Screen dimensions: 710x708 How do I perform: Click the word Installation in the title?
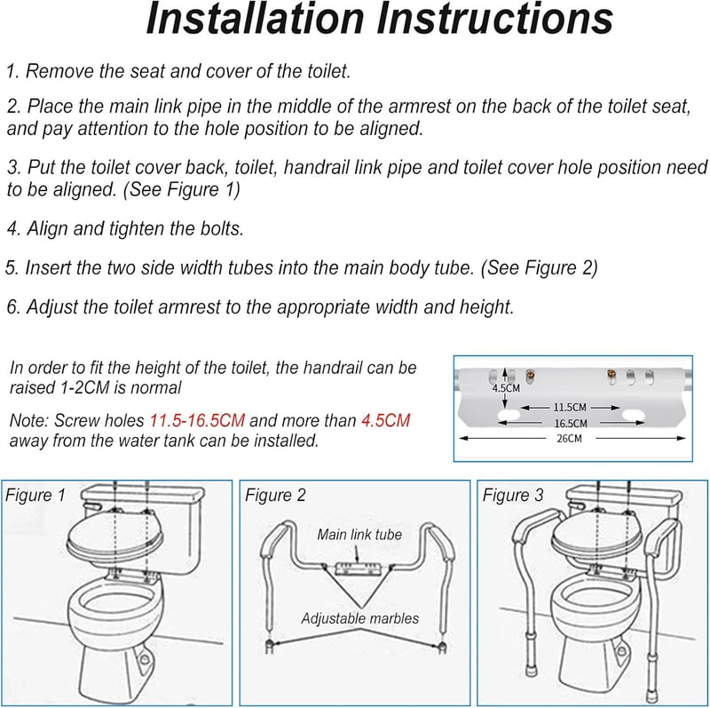click(256, 18)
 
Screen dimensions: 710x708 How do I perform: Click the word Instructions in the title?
click(495, 18)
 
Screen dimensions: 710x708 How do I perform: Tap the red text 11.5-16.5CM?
click(197, 420)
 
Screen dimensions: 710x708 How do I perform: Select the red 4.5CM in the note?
click(386, 420)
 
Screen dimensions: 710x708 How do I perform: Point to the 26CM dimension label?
click(569, 438)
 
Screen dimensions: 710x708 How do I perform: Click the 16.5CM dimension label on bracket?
click(571, 423)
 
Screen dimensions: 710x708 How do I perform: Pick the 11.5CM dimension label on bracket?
click(570, 407)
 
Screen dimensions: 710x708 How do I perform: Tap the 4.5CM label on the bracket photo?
click(506, 388)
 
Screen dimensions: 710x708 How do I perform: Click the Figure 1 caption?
click(35, 495)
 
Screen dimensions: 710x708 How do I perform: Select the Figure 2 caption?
click(275, 495)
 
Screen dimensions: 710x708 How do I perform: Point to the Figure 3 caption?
click(513, 495)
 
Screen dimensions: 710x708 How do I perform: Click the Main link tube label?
click(359, 535)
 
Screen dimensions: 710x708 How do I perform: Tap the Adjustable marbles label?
click(360, 618)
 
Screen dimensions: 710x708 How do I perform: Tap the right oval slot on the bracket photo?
click(633, 415)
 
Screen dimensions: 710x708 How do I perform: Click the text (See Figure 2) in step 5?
click(539, 268)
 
